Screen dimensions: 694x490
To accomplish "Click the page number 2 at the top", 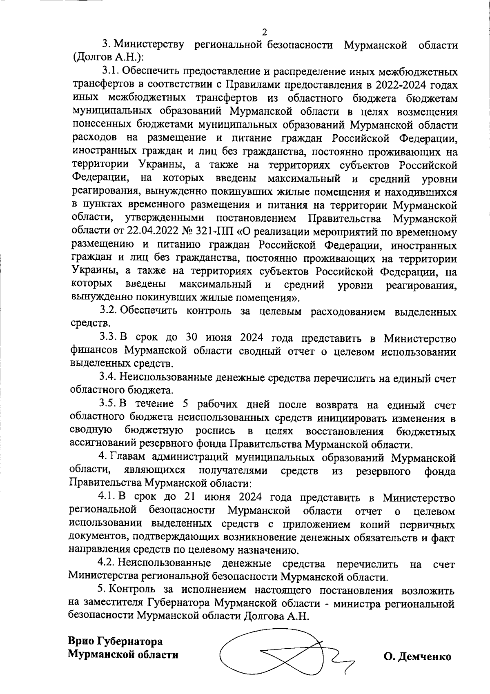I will click(x=265, y=32).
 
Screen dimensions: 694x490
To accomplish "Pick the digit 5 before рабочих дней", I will click(x=185, y=405).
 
